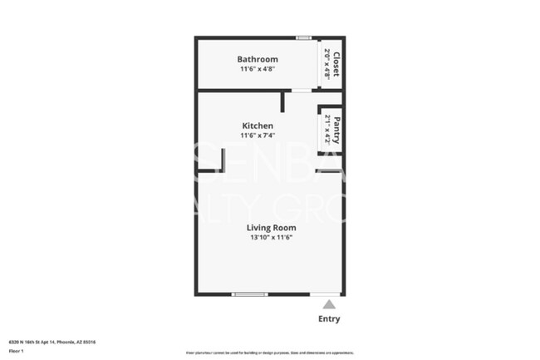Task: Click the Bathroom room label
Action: click(258, 59)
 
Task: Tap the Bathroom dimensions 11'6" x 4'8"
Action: click(258, 69)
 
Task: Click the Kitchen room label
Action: click(258, 126)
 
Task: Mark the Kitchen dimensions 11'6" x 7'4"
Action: click(258, 135)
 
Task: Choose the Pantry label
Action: click(336, 130)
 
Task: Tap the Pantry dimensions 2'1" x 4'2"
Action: click(327, 130)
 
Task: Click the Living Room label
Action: click(272, 227)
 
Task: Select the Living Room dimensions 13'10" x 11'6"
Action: click(272, 237)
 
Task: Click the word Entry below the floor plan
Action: click(329, 319)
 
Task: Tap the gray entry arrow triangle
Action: click(330, 304)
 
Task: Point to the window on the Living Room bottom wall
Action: click(249, 293)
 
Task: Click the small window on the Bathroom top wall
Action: click(304, 37)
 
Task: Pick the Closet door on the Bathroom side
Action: click(320, 63)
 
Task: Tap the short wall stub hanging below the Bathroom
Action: click(283, 101)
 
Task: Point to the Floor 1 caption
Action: click(16, 351)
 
